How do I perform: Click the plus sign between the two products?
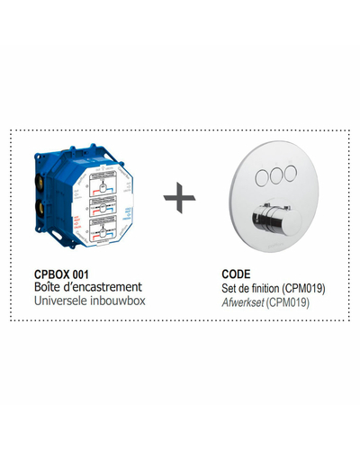pyautogui.click(x=179, y=198)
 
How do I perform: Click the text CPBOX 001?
pyautogui.click(x=61, y=274)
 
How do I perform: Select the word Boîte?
pyautogui.click(x=47, y=287)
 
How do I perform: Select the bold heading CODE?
pyautogui.click(x=236, y=274)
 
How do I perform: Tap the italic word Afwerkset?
pyautogui.click(x=243, y=302)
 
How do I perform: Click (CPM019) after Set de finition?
pyautogui.click(x=303, y=289)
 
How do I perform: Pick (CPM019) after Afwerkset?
pyautogui.click(x=288, y=302)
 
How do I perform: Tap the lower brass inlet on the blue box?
pyautogui.click(x=40, y=206)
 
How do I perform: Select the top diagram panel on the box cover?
pyautogui.click(x=103, y=185)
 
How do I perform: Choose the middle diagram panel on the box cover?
pyautogui.click(x=103, y=206)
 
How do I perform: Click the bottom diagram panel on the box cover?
pyautogui.click(x=103, y=228)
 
